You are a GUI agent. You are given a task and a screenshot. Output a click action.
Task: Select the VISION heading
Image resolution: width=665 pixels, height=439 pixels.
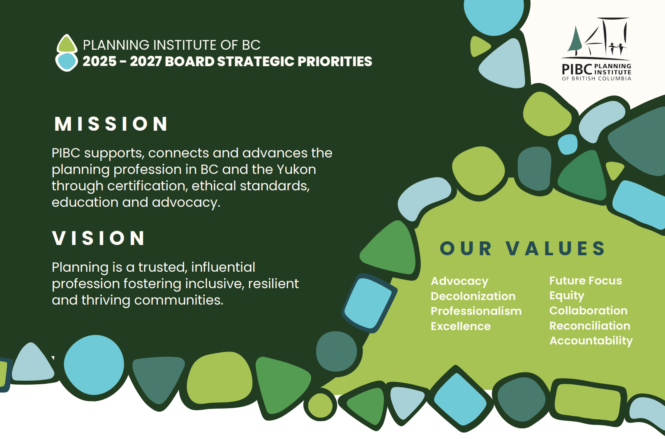pyautogui.click(x=99, y=238)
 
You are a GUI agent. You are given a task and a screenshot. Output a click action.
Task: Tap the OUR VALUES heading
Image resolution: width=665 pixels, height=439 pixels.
pyautogui.click(x=522, y=248)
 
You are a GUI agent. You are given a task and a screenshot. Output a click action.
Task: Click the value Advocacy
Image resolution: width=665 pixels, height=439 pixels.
pyautogui.click(x=459, y=281)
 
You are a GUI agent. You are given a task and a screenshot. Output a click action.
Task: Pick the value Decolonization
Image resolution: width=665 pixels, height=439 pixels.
pyautogui.click(x=473, y=296)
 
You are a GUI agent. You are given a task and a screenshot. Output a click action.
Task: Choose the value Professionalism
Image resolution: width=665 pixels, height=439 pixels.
pyautogui.click(x=476, y=311)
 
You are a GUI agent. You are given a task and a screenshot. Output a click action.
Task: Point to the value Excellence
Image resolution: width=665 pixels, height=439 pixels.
pyautogui.click(x=460, y=326)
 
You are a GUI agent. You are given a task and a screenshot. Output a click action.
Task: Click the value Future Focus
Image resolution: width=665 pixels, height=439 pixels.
pyautogui.click(x=585, y=280)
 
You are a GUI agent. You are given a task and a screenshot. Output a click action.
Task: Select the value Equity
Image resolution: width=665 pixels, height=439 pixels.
pyautogui.click(x=567, y=296)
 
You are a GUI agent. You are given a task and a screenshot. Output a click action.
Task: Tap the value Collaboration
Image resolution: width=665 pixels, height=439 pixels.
pyautogui.click(x=589, y=310)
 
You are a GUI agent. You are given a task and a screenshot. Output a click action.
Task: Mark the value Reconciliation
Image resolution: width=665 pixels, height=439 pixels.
pyautogui.click(x=590, y=326)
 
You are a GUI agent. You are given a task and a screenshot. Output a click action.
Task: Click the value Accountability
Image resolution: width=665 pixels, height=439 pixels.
pyautogui.click(x=591, y=341)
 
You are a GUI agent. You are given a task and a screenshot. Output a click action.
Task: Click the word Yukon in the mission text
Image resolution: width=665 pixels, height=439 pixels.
pyautogui.click(x=296, y=169)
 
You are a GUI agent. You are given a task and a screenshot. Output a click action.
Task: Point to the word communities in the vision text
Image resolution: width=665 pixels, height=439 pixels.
pyautogui.click(x=178, y=300)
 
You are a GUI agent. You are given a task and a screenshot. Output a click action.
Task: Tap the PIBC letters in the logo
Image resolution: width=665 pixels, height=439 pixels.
pyautogui.click(x=577, y=69)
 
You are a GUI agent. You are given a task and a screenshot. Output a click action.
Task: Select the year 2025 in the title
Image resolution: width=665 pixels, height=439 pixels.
pyautogui.click(x=99, y=61)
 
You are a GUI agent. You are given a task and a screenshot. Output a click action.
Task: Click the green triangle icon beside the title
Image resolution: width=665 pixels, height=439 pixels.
pyautogui.click(x=67, y=44)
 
